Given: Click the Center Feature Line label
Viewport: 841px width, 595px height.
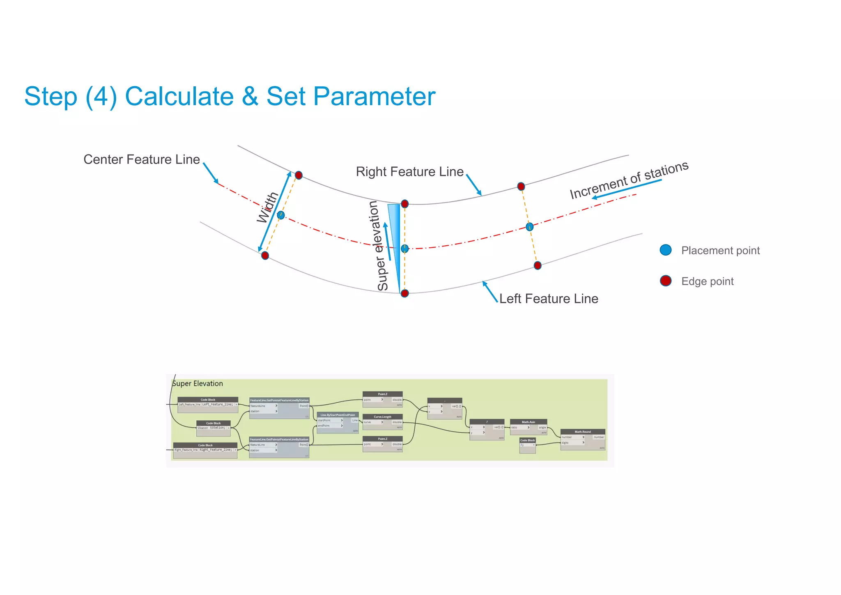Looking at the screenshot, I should (141, 159).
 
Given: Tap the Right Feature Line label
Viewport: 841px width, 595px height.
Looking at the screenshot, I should (409, 172).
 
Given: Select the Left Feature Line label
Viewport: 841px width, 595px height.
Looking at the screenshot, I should (548, 299).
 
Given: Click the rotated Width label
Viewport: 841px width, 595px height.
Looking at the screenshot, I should (267, 207).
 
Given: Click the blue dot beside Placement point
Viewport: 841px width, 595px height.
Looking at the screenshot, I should (665, 250).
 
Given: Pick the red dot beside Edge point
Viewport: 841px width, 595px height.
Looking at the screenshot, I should (665, 281).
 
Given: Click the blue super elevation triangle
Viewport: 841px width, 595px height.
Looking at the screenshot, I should (395, 230).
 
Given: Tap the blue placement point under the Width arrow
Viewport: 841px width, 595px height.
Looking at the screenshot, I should (280, 215).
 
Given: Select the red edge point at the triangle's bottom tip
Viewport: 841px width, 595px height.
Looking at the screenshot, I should (404, 293).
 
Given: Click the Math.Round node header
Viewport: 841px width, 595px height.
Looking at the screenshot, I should (582, 431).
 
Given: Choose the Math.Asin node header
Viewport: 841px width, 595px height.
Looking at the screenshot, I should (528, 422).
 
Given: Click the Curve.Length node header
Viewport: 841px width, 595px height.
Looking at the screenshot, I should (382, 417).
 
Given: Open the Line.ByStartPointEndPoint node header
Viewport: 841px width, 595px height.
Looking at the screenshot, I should (338, 415).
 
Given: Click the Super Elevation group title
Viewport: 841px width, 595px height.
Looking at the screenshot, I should (198, 383).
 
